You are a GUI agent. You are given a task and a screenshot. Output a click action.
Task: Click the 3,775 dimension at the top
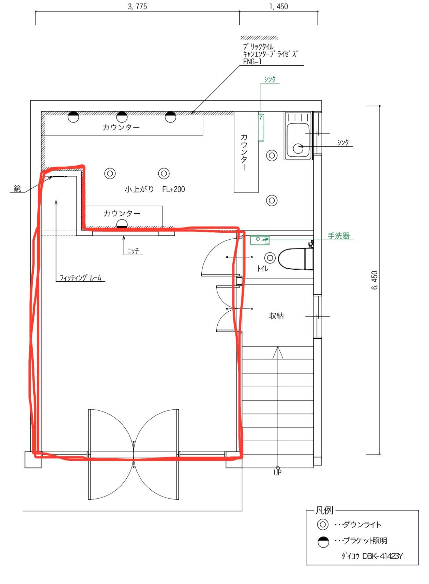(x=137, y=7)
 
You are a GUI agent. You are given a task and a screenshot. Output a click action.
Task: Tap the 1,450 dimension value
(x=279, y=7)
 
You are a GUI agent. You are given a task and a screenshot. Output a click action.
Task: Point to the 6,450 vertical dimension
(x=375, y=281)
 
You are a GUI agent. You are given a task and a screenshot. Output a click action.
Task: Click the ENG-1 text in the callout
(x=252, y=62)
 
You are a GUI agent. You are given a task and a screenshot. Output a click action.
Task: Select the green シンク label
(x=270, y=79)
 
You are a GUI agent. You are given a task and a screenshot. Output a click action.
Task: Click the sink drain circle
(x=298, y=148)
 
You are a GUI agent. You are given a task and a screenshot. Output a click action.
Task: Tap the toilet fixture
(x=296, y=259)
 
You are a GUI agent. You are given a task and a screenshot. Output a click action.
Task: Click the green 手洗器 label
(x=339, y=236)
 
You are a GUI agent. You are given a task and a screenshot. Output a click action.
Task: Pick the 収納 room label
(x=276, y=316)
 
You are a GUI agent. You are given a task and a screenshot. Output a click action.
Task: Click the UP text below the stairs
(x=278, y=472)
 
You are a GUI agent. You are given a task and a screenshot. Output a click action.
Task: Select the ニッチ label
(x=133, y=251)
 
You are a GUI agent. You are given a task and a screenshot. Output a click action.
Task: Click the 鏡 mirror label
(x=17, y=188)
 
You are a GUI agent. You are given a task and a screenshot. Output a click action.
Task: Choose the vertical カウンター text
(x=244, y=152)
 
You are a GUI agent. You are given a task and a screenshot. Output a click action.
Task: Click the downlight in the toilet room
(x=270, y=258)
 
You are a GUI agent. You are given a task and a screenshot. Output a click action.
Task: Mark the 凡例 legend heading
(x=324, y=510)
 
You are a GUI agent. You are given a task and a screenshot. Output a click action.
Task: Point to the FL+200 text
(x=174, y=189)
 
